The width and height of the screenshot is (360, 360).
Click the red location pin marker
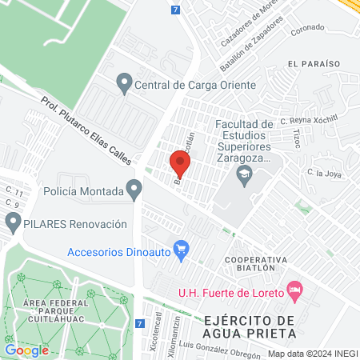click(x=180, y=166)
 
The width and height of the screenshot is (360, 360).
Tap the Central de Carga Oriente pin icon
click(x=124, y=82)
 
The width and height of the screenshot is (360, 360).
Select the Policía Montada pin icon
click(x=134, y=191)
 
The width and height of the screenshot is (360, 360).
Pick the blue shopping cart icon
click(x=182, y=250)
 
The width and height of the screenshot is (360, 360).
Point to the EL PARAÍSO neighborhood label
click(x=314, y=62)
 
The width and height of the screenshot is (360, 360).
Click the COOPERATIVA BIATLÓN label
click(x=255, y=265)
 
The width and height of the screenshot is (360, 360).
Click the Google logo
click(x=27, y=350)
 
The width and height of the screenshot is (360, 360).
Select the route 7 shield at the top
click(x=175, y=10)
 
